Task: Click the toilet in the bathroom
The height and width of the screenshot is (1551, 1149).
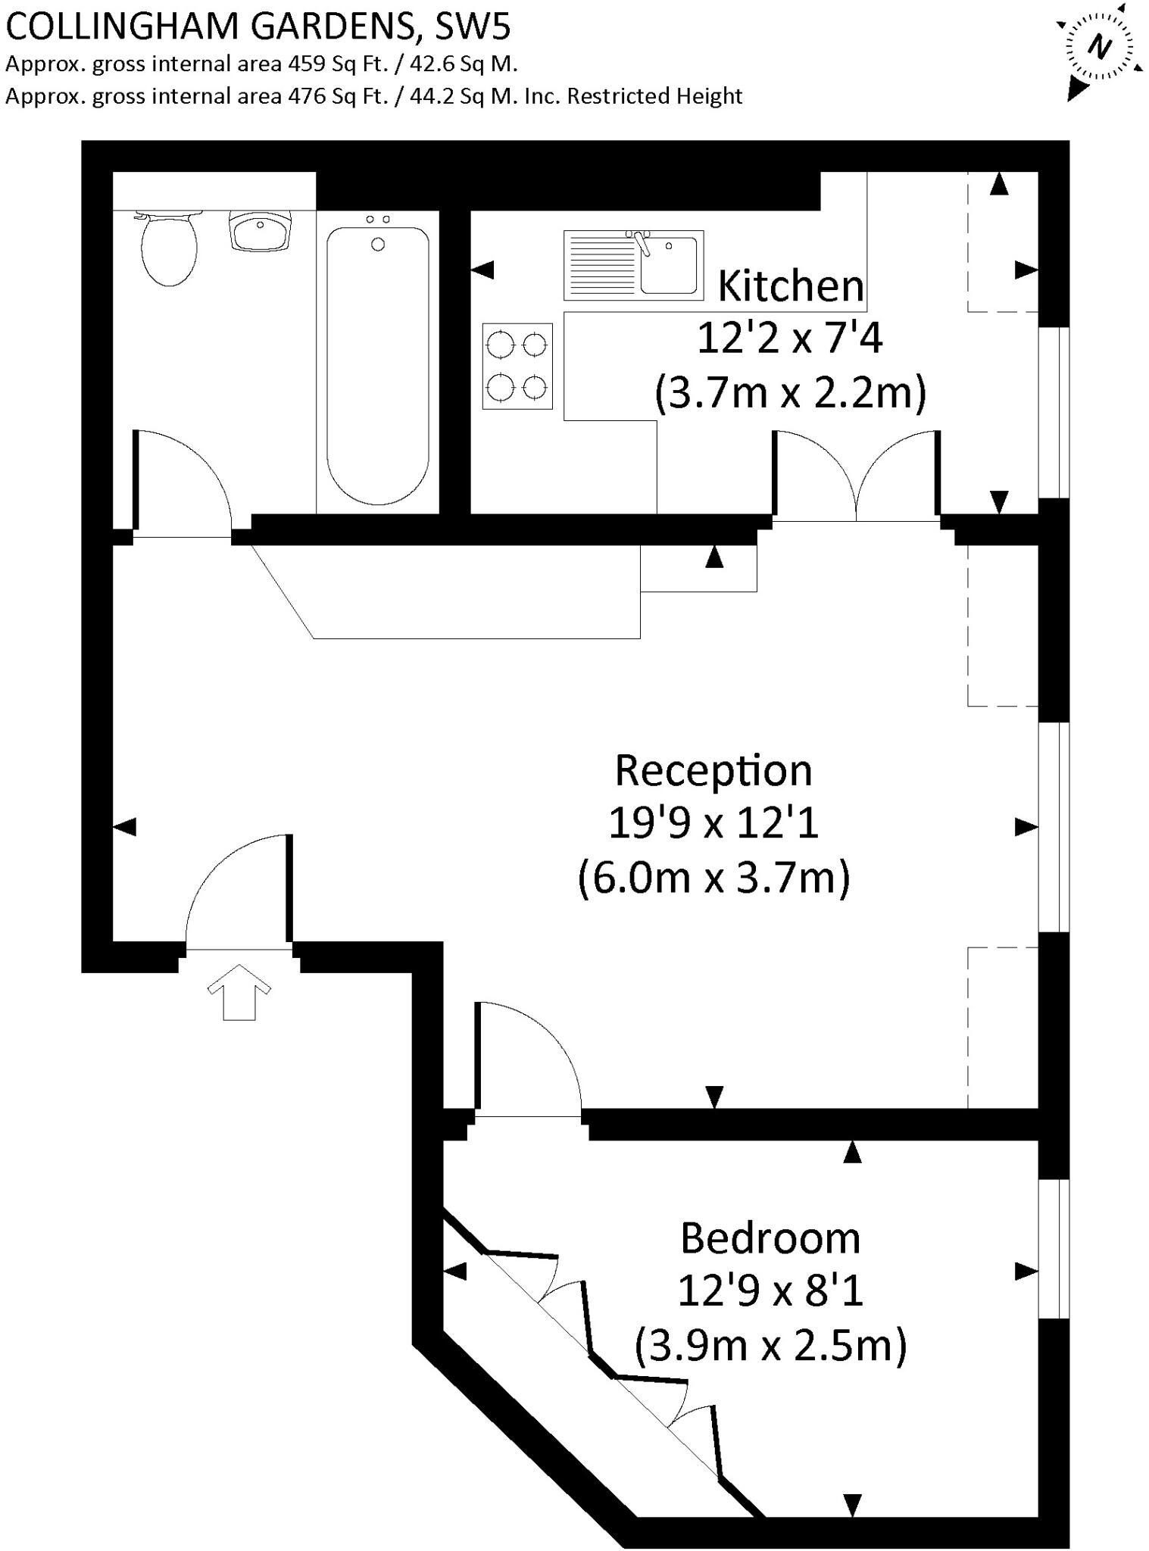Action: pyautogui.click(x=169, y=247)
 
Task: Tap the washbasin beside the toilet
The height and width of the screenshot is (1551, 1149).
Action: pyautogui.click(x=260, y=230)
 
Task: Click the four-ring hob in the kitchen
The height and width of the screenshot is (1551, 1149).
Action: pyautogui.click(x=517, y=367)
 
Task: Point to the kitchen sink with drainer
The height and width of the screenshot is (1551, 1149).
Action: pyautogui.click(x=633, y=265)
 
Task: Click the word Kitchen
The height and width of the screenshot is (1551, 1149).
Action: pyautogui.click(x=791, y=286)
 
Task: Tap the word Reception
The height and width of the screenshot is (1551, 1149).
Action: pyautogui.click(x=713, y=770)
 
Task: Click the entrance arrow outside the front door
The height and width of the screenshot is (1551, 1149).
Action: pyautogui.click(x=239, y=992)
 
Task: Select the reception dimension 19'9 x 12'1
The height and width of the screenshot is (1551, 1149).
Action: pyautogui.click(x=713, y=823)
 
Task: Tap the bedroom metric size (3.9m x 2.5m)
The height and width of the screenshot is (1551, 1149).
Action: pyautogui.click(x=770, y=1345)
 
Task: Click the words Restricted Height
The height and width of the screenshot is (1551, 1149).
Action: pyautogui.click(x=655, y=96)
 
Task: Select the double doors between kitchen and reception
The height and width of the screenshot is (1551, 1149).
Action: pyautogui.click(x=857, y=476)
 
